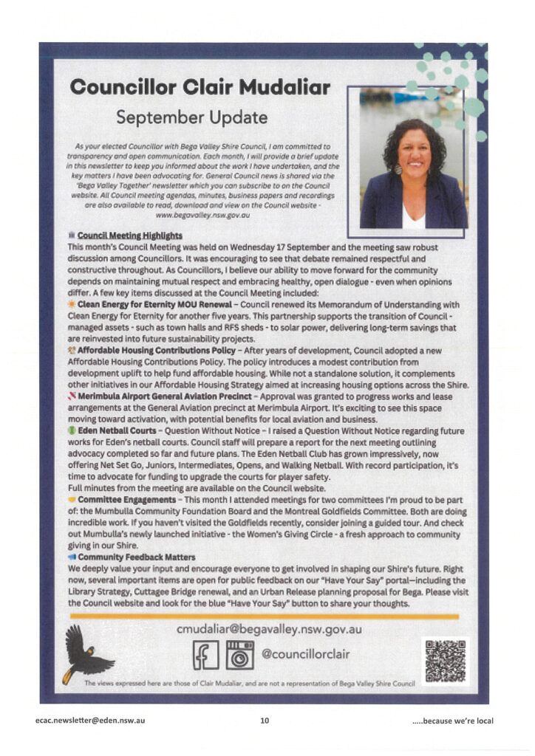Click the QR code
tap(445, 661)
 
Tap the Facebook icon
tap(205, 655)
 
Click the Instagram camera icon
tap(239, 655)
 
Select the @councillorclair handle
tap(306, 654)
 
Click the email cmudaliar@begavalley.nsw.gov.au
tap(269, 630)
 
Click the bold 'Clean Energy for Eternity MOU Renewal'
tap(152, 304)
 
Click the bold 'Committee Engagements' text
tap(128, 500)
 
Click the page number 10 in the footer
tap(265, 721)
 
